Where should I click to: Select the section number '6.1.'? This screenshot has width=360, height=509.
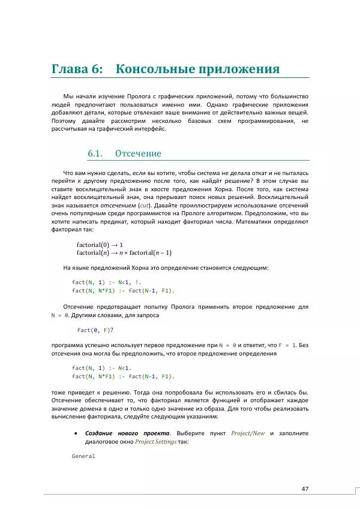(97, 153)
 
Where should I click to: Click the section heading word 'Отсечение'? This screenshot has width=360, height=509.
(138, 153)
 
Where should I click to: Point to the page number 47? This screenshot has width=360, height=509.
(305, 489)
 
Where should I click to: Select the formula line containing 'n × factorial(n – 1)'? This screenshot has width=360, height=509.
(124, 252)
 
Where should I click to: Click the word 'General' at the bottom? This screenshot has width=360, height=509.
(83, 456)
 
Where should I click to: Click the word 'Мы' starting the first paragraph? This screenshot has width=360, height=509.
(67, 96)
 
